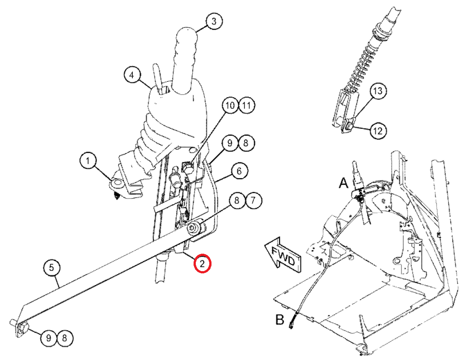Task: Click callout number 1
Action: tap(88, 161)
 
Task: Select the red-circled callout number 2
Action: tap(203, 264)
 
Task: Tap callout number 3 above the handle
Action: tap(214, 21)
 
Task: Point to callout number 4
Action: tap(132, 75)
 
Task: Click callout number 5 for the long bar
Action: tap(51, 267)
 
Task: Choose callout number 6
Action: tap(239, 171)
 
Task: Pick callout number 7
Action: tap(254, 200)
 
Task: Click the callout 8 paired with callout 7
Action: tap(237, 200)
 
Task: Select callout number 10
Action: tap(230, 105)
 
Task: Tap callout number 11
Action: tap(246, 105)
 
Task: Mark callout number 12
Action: tap(378, 130)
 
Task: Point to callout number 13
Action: tap(378, 90)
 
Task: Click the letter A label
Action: tap(344, 182)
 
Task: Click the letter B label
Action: tap(279, 320)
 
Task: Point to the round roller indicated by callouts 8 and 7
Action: tap(195, 227)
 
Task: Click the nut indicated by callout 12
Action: tap(348, 126)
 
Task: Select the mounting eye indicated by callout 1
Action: tap(117, 183)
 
